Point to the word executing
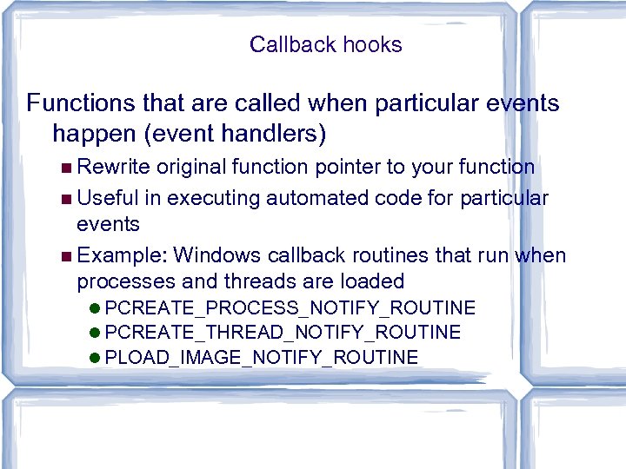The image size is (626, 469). (x=213, y=198)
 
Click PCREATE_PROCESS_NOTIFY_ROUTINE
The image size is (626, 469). (x=296, y=308)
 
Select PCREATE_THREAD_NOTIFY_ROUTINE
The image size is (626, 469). (x=288, y=333)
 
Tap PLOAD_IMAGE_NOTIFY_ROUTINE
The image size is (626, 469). (x=267, y=358)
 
